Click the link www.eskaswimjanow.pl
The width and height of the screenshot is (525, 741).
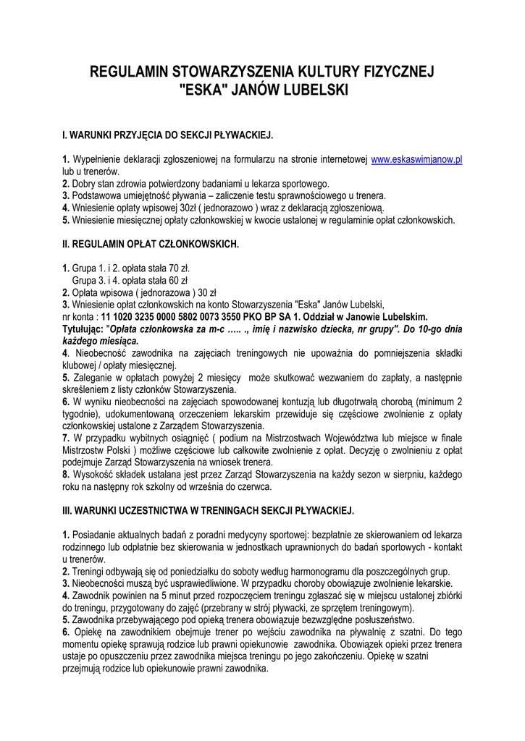(416, 160)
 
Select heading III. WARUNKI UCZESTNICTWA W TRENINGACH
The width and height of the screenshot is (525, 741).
(209, 511)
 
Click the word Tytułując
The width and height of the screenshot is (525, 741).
(85, 329)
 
